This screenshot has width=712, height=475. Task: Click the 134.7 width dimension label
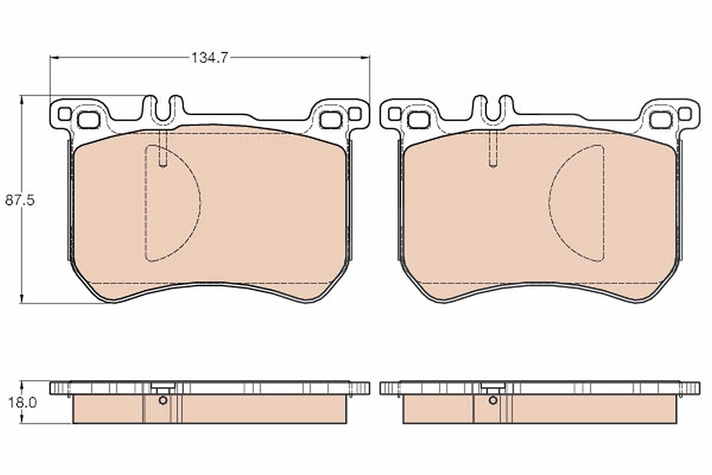(x=209, y=58)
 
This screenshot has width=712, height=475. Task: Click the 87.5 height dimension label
(x=20, y=201)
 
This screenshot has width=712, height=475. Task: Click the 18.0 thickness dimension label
(x=23, y=403)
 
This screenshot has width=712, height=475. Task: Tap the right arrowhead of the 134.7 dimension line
(x=365, y=58)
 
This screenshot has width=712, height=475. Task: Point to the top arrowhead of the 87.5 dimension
(x=21, y=100)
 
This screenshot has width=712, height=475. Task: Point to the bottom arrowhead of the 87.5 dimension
(x=21, y=299)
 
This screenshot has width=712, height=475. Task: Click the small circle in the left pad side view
(x=163, y=400)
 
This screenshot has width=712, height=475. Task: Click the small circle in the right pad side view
(x=493, y=400)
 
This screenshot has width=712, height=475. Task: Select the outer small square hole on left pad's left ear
(x=65, y=114)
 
